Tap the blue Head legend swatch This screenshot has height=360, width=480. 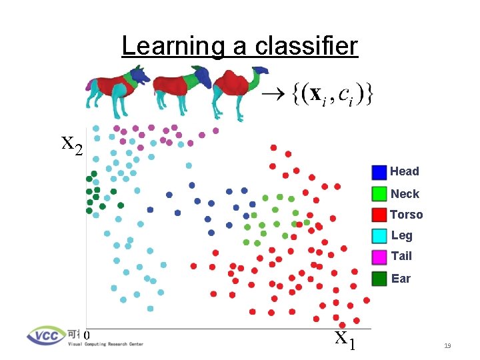(x=379, y=172)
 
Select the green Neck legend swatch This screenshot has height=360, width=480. (x=379, y=193)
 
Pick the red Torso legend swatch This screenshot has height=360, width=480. (x=379, y=215)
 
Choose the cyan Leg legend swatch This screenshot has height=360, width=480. (x=379, y=235)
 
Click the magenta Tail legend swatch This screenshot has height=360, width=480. (x=379, y=257)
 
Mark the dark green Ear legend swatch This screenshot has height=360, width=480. (x=379, y=279)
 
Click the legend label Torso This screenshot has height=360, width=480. (x=406, y=215)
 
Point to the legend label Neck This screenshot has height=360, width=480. (x=405, y=194)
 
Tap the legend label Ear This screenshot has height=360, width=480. (x=401, y=279)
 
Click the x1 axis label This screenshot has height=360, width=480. (x=345, y=340)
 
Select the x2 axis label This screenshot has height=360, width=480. (x=71, y=144)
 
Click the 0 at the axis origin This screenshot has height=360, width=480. (x=87, y=334)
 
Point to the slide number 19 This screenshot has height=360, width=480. (x=447, y=345)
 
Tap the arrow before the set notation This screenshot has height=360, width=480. (x=273, y=95)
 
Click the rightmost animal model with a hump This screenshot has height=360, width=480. (x=237, y=90)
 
